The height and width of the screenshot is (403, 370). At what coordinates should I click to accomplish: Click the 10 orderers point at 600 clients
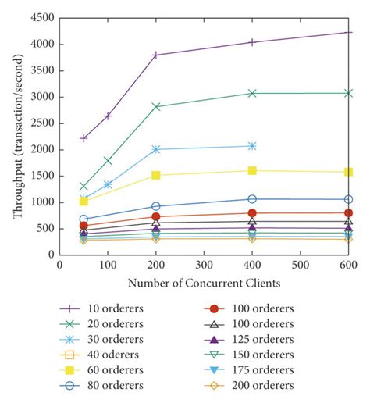[x=348, y=32]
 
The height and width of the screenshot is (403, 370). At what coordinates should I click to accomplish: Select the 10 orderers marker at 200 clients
[x=156, y=55]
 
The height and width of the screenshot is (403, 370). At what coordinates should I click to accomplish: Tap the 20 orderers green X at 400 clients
[x=252, y=93]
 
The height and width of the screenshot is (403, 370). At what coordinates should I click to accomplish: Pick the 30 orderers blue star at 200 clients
[x=156, y=149]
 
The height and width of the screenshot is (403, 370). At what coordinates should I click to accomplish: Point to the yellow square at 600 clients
[x=348, y=172]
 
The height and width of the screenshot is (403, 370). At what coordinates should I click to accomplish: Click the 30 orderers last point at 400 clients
[x=252, y=146]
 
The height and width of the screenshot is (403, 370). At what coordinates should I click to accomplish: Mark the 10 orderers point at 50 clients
[x=84, y=138]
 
